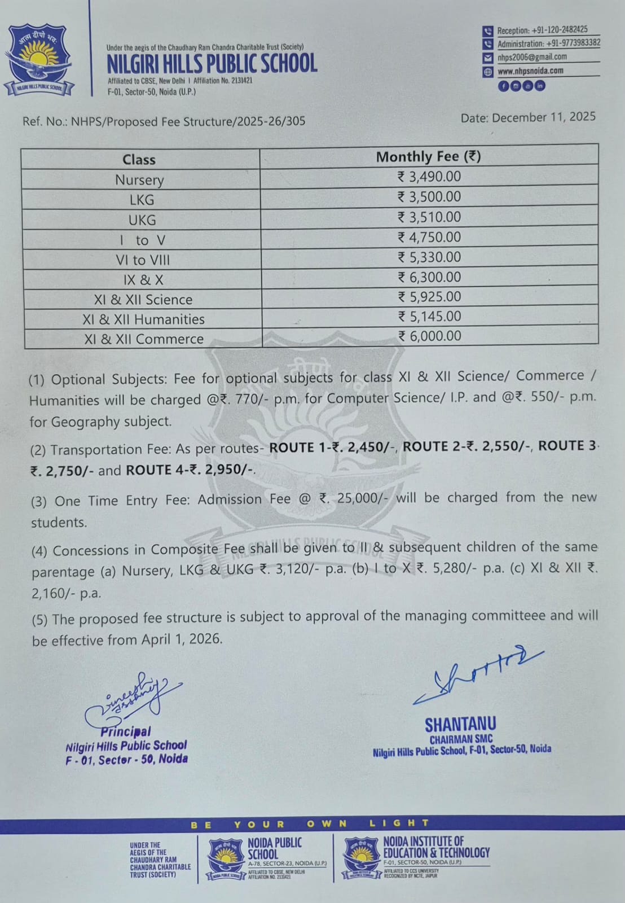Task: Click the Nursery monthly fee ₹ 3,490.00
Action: (x=429, y=177)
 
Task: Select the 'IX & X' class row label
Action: (x=143, y=280)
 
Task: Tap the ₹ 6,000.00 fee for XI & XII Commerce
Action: (x=429, y=336)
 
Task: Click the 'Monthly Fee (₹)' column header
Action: (x=428, y=156)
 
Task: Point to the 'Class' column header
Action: (x=139, y=160)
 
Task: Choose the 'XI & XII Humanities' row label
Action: (x=143, y=319)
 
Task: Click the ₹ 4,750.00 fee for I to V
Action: (x=429, y=237)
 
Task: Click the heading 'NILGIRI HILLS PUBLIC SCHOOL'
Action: (x=212, y=63)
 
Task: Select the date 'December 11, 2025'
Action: (x=544, y=117)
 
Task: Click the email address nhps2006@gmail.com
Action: (x=532, y=57)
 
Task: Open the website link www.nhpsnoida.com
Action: (x=530, y=71)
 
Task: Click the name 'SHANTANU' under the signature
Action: (x=460, y=725)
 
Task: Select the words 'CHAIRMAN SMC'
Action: (x=461, y=739)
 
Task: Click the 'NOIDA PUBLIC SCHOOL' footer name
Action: (x=275, y=848)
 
